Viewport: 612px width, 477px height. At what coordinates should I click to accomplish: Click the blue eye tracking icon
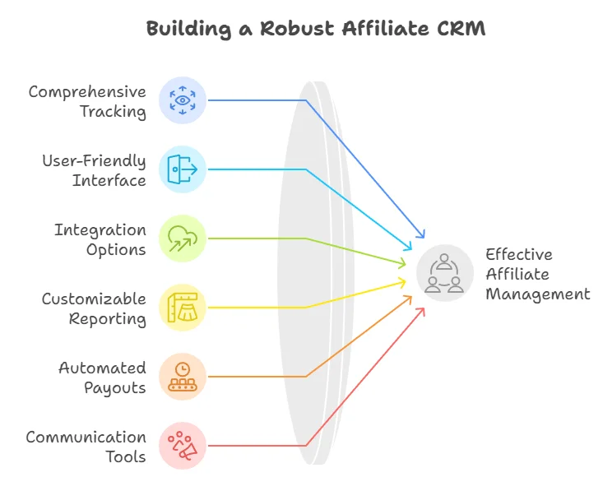182,100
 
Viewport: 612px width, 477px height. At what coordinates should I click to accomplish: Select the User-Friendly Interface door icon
182,169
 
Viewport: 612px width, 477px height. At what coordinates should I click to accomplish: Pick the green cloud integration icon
182,238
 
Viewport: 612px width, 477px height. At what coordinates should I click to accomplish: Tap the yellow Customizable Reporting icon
182,308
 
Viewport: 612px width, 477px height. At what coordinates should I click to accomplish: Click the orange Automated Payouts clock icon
182,377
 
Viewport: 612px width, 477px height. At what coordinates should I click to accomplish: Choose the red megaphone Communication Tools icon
182,446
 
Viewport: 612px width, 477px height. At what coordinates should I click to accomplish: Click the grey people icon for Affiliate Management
445,273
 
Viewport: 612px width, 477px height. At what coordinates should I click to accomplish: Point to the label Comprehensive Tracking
87,101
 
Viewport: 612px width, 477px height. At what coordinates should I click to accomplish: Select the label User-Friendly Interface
94,170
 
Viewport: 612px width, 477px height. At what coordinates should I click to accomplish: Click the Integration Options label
100,239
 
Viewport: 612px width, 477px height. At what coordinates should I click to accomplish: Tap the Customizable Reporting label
94,308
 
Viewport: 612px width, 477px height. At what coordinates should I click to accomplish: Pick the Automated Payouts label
102,377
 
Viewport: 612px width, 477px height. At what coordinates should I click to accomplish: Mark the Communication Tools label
86,447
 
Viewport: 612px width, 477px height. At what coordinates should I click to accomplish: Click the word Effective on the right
518,254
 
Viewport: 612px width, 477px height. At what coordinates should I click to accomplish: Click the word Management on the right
537,294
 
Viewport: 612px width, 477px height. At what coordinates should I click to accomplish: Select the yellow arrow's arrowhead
404,282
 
